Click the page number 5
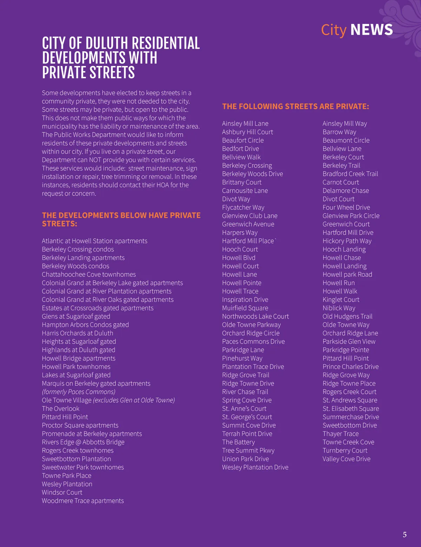click(405, 535)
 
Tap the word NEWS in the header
click(372, 30)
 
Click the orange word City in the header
click(334, 30)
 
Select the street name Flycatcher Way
click(243, 207)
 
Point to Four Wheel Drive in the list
click(346, 207)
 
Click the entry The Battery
click(239, 442)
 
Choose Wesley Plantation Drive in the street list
click(255, 467)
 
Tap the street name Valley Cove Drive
click(346, 459)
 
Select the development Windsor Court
click(62, 492)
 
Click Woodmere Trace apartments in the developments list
click(83, 501)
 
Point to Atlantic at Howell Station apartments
click(94, 241)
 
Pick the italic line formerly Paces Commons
click(79, 392)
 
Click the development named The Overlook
click(61, 409)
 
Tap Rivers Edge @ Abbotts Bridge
click(83, 442)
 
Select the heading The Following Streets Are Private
click(295, 106)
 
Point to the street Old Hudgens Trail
click(347, 316)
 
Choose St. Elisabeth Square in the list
click(351, 409)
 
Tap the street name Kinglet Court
click(341, 299)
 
